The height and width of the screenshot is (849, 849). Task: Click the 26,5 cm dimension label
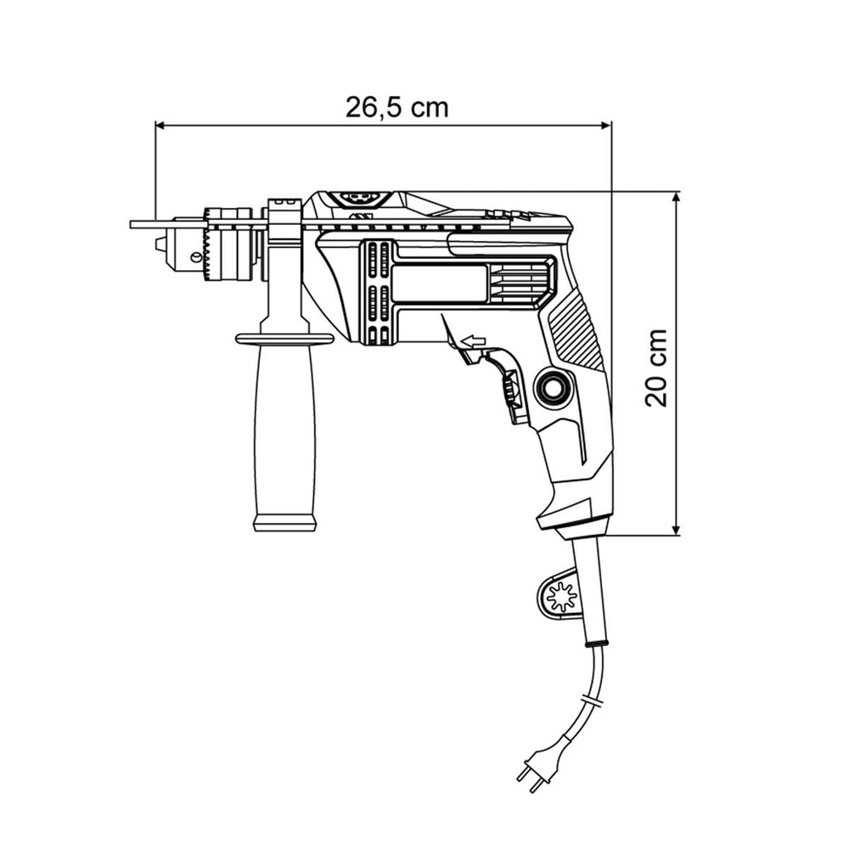click(396, 107)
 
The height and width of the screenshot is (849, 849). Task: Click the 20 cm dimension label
click(656, 368)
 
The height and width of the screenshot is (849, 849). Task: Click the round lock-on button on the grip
click(552, 387)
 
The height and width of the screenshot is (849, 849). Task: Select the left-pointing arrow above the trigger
click(473, 341)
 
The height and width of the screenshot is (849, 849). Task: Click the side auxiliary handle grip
click(284, 433)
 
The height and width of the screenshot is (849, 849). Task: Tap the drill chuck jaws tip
click(160, 245)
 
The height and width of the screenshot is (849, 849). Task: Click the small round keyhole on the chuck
click(194, 256)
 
